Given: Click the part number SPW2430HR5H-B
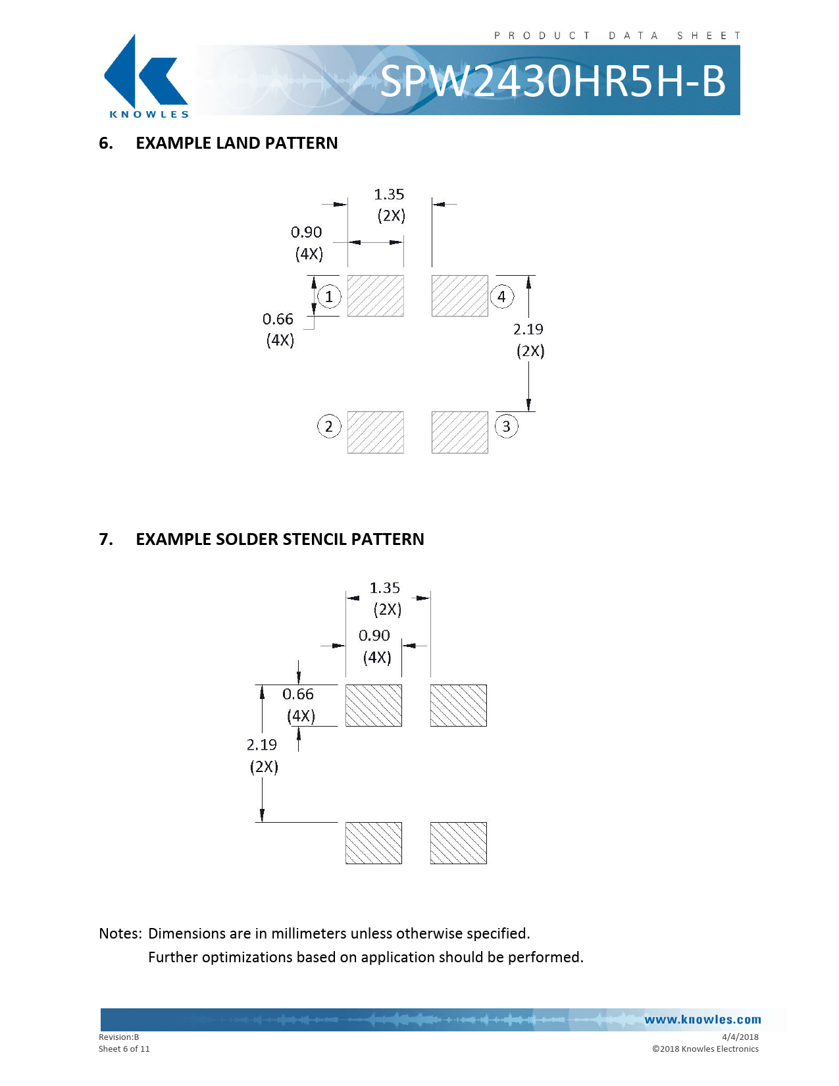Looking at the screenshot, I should click(553, 82).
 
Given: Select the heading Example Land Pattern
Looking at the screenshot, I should click(236, 143).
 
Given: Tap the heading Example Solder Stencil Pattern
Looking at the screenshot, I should click(280, 540).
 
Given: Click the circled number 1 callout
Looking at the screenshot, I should click(329, 296).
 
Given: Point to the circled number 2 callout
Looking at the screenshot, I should click(329, 427).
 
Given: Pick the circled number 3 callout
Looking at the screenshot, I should click(506, 427).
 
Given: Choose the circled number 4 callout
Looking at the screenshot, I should click(501, 296).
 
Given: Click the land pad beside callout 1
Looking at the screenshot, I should click(375, 296).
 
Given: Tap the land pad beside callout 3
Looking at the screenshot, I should click(459, 432).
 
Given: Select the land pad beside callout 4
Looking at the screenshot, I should click(459, 296).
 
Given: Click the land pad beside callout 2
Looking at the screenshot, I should click(375, 432).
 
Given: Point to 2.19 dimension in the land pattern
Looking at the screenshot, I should click(528, 329).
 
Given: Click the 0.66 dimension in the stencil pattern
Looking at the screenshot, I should click(298, 694).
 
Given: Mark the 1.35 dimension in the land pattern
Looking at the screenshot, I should click(389, 195).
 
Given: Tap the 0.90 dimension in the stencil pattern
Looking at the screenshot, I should click(374, 636).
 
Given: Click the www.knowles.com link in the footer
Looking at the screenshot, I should click(702, 1020).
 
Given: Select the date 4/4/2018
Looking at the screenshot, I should click(740, 1037).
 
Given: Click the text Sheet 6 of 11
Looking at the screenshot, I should click(124, 1049).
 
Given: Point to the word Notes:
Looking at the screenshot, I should click(120, 933).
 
